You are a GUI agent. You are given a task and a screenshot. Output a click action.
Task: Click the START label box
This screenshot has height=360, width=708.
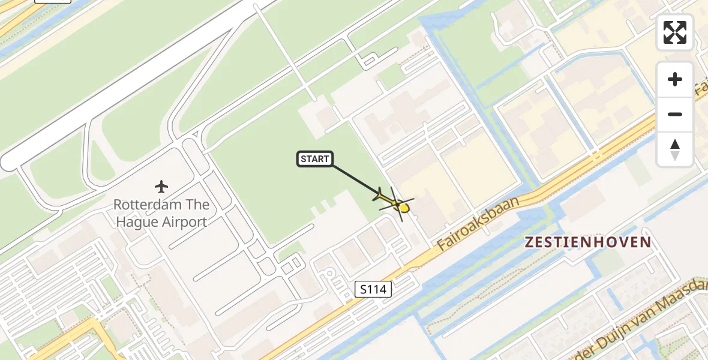315,159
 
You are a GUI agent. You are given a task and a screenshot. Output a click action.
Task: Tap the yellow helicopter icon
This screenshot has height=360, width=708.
395,203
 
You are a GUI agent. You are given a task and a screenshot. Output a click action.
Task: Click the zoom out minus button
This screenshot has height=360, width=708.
675,114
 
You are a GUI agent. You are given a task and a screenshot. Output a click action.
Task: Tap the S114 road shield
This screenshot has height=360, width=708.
373,290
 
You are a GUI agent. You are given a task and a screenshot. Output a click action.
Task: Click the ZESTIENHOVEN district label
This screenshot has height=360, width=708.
587,242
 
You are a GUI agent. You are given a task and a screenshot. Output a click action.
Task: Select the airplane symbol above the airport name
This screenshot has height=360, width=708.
161,187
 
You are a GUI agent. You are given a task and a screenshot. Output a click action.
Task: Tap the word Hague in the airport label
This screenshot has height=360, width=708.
133,222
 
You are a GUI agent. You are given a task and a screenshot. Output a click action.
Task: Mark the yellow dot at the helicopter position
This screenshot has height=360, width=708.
403,208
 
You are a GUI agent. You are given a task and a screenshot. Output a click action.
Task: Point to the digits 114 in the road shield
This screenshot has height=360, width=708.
377,290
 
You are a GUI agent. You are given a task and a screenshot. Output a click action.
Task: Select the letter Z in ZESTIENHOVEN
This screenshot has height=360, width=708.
530,242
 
